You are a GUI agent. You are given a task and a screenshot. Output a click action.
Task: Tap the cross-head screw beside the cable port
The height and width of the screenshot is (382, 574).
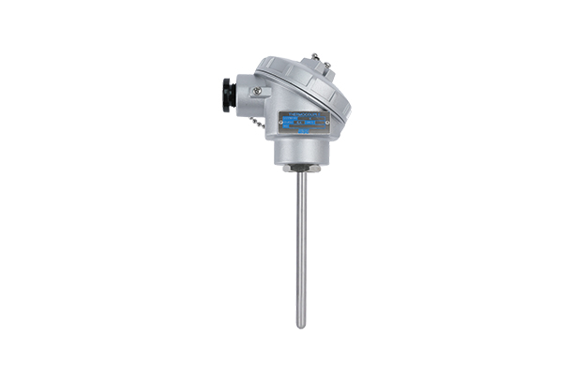255,90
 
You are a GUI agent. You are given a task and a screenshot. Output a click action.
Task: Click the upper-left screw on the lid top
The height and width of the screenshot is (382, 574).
315,57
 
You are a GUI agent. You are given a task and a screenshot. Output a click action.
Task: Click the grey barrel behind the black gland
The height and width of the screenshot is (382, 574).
242,95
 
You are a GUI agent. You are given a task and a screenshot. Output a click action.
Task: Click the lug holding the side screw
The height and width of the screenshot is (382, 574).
259,93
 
